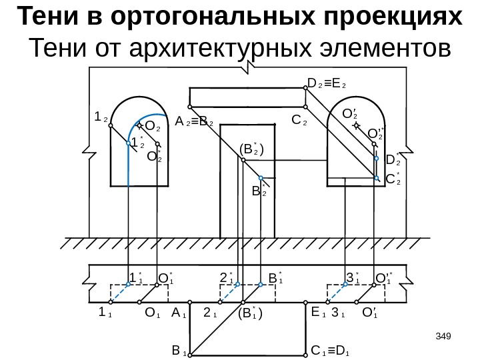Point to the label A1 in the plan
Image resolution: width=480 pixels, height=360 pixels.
tap(177, 312)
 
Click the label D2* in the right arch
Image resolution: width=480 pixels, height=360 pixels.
tap(393, 159)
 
